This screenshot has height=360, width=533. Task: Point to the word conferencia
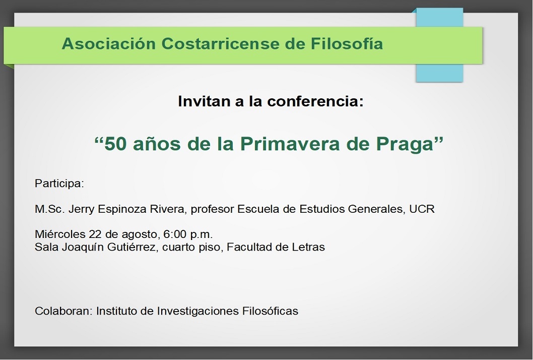tap(315, 101)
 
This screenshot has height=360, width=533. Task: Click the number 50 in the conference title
tap(115, 144)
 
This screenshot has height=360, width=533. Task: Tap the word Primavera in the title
tap(290, 144)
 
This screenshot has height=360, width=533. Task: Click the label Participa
tap(59, 184)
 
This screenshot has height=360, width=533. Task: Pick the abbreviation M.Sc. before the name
tap(49, 209)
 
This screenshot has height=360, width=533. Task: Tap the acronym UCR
tap(422, 209)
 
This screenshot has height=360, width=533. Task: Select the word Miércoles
tap(60, 234)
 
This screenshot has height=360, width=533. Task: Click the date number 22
tap(96, 234)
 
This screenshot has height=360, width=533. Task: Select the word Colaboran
tap(63, 311)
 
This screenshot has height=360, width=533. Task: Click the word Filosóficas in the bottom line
tap(270, 311)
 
